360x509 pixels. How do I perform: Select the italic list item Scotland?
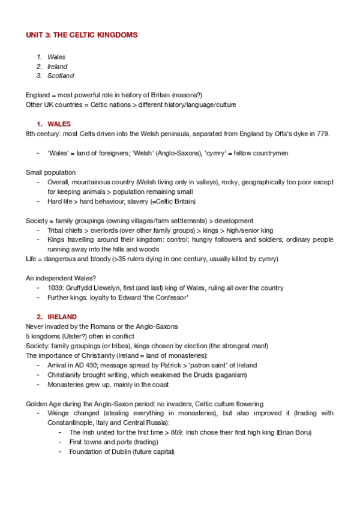(61, 76)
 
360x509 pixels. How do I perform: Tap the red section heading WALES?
(59, 124)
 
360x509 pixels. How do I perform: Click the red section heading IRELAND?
(62, 316)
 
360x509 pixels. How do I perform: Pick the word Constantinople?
(70, 423)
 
